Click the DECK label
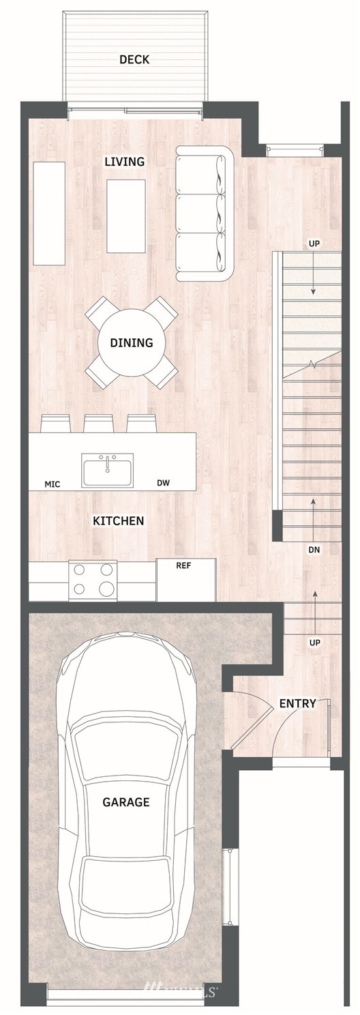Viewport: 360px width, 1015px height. (134, 59)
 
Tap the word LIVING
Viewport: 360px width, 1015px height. (125, 161)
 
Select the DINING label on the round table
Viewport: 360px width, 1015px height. (132, 342)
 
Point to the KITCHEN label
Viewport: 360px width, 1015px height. (118, 520)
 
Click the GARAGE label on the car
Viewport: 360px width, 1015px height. (126, 802)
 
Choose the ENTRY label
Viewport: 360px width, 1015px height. (297, 704)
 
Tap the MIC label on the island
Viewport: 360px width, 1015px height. (52, 484)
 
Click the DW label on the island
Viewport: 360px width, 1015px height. (164, 483)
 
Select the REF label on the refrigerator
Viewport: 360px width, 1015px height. (183, 565)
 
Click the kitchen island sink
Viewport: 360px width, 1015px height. (107, 470)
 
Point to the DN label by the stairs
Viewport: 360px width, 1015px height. (314, 550)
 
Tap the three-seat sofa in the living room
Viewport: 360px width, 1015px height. (205, 214)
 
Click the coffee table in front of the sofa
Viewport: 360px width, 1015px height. (126, 216)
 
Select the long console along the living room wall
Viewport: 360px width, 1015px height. (49, 214)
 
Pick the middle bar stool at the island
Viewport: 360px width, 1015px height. (98, 423)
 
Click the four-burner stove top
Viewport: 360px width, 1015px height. (93, 581)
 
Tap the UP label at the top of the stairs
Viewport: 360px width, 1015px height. (314, 244)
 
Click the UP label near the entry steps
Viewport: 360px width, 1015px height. (315, 643)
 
